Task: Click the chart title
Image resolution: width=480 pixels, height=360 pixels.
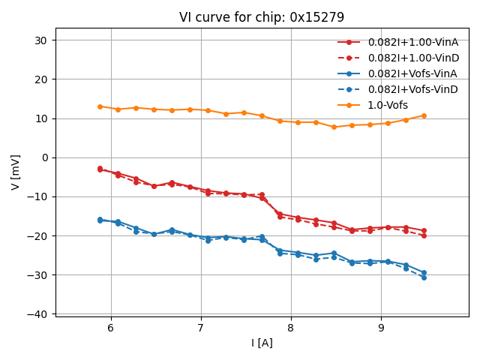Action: pos(262,17)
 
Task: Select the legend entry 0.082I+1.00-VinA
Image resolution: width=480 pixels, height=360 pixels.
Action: pos(412,42)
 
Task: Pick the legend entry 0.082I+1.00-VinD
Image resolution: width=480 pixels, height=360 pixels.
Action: pos(412,58)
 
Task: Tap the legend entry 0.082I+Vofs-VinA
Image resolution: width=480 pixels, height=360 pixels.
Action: pos(412,73)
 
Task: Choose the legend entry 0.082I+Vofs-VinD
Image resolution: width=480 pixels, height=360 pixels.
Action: pos(412,89)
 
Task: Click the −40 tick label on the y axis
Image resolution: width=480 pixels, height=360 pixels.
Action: pos(39,314)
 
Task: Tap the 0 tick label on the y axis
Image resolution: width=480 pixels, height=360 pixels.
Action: pos(45,157)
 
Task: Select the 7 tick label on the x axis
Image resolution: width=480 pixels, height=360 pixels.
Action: pos(201,328)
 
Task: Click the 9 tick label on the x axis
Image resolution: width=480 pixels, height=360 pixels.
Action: pos(382,328)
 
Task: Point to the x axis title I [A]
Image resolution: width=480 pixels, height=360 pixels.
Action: pos(262,343)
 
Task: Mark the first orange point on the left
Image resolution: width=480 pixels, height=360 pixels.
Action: pos(100,106)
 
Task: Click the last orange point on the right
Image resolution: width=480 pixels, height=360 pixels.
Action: pos(424,115)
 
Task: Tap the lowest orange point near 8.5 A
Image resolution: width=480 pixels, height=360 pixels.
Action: pos(334,127)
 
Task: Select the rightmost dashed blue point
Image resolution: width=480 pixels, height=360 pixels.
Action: pos(424,277)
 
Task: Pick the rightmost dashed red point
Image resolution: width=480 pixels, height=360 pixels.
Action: pos(424,235)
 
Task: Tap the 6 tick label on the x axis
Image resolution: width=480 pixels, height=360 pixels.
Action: pos(111,328)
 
